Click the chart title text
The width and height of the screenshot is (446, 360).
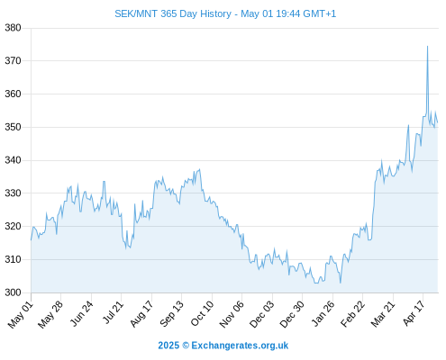pos(225,14)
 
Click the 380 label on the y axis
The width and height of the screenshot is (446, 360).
pos(13,28)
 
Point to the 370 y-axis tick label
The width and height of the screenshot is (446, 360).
pos(13,61)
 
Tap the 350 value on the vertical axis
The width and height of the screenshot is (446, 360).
pos(13,127)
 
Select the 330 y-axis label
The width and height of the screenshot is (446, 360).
pos(13,193)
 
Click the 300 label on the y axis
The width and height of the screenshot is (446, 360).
pos(13,292)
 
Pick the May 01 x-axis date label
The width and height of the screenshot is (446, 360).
pos(21,314)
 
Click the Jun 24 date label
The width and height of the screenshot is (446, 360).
pos(81,313)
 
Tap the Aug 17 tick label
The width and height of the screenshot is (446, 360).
pos(141,314)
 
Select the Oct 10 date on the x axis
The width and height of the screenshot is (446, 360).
pos(202,313)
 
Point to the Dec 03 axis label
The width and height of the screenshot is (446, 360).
pos(262,314)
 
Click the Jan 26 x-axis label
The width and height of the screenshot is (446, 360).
pos(323,313)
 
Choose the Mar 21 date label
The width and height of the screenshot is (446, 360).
pos(383,314)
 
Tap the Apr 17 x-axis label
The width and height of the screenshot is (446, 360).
pos(414,313)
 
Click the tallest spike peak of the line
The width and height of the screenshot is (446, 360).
pos(427,46)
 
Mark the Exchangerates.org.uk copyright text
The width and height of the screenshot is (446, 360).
pos(223,346)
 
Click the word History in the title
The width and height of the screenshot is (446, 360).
pos(216,14)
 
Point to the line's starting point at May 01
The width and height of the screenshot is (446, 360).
pos(31,240)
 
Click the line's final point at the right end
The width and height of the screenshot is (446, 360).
pos(438,122)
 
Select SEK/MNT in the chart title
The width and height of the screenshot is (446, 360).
pos(136,14)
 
